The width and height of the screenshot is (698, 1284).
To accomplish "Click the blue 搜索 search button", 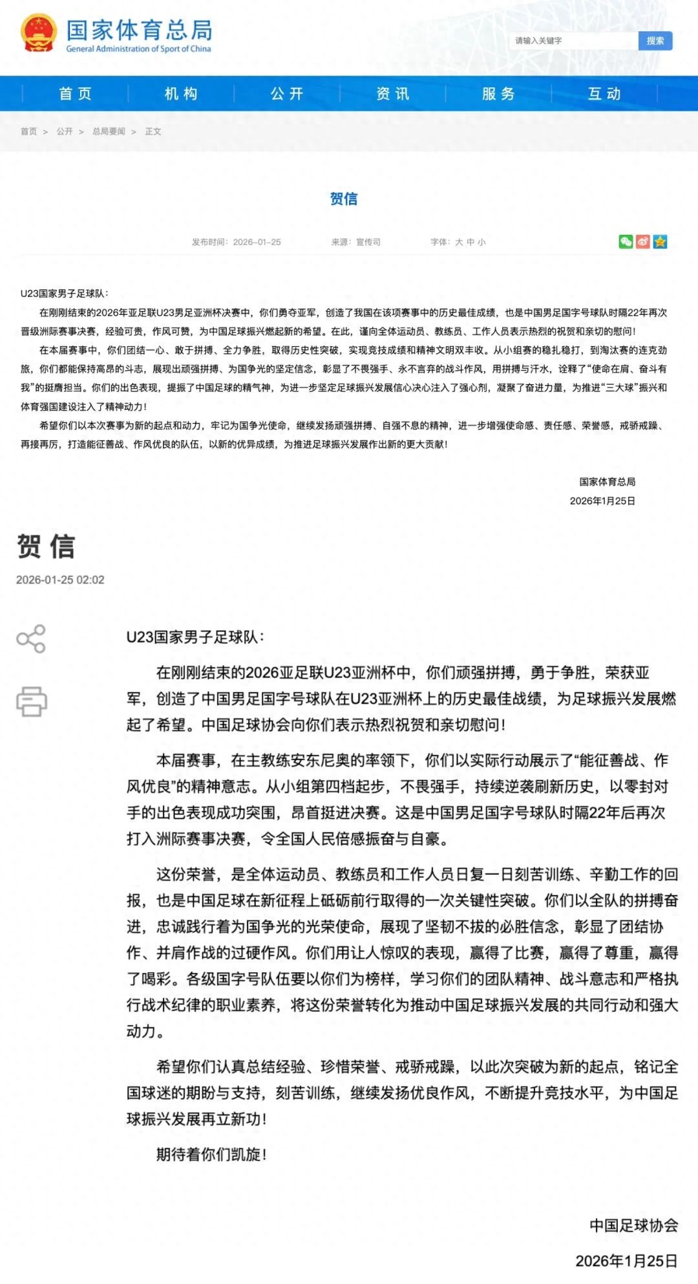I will pyautogui.click(x=655, y=41).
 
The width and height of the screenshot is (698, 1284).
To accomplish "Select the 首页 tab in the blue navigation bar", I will pyautogui.click(x=76, y=94).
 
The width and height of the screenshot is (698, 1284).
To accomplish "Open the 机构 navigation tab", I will pyautogui.click(x=181, y=94).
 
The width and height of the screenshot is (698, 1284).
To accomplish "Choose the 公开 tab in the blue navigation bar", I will pyautogui.click(x=287, y=94).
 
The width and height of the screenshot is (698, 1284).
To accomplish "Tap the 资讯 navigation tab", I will pyautogui.click(x=393, y=94).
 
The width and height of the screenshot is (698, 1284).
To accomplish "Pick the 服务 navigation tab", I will pyautogui.click(x=498, y=94).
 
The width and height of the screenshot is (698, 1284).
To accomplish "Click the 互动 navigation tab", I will pyautogui.click(x=604, y=94).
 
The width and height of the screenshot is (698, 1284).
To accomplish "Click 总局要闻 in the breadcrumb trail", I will pyautogui.click(x=109, y=131).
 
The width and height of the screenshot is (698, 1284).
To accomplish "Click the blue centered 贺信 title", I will pyautogui.click(x=344, y=199).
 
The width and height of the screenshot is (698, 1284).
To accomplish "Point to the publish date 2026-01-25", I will pyautogui.click(x=257, y=242).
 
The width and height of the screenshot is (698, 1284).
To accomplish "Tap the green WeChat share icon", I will pyautogui.click(x=626, y=241).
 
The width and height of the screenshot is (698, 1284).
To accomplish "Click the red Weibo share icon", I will pyautogui.click(x=642, y=241).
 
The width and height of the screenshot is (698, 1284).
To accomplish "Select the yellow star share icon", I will pyautogui.click(x=660, y=241).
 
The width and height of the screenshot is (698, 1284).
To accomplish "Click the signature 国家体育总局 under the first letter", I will pyautogui.click(x=607, y=481).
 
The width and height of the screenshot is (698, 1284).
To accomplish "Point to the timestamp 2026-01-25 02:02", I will pyautogui.click(x=60, y=580).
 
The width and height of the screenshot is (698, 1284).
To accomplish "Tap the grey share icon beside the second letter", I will pyautogui.click(x=31, y=638).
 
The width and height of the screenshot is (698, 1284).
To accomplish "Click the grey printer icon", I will pyautogui.click(x=32, y=701).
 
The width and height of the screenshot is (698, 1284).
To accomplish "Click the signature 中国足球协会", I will pyautogui.click(x=633, y=1225).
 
